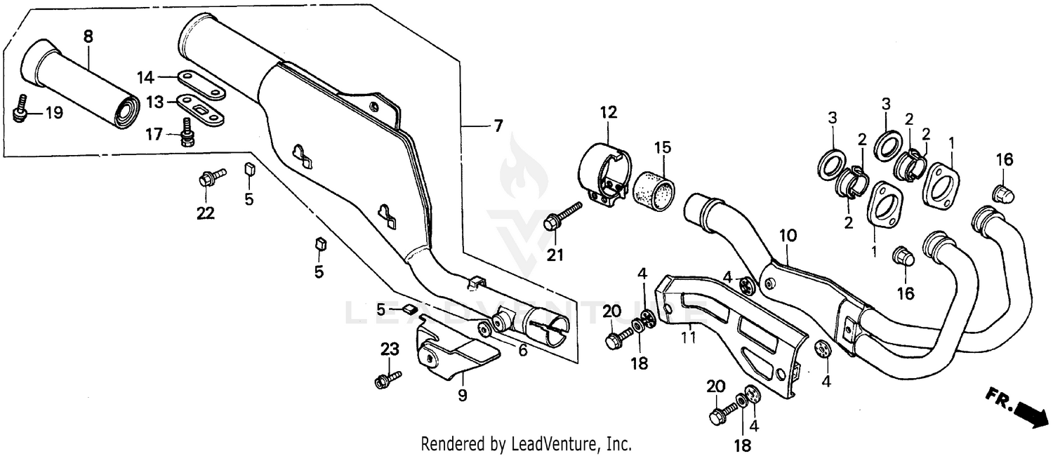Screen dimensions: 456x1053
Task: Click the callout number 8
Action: click(88, 36)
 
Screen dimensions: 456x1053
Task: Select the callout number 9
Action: click(462, 396)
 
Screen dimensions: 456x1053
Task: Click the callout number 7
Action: click(498, 126)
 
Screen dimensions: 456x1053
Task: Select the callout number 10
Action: click(788, 236)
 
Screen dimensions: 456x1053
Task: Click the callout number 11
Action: click(689, 337)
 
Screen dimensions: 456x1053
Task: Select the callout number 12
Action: click(608, 112)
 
